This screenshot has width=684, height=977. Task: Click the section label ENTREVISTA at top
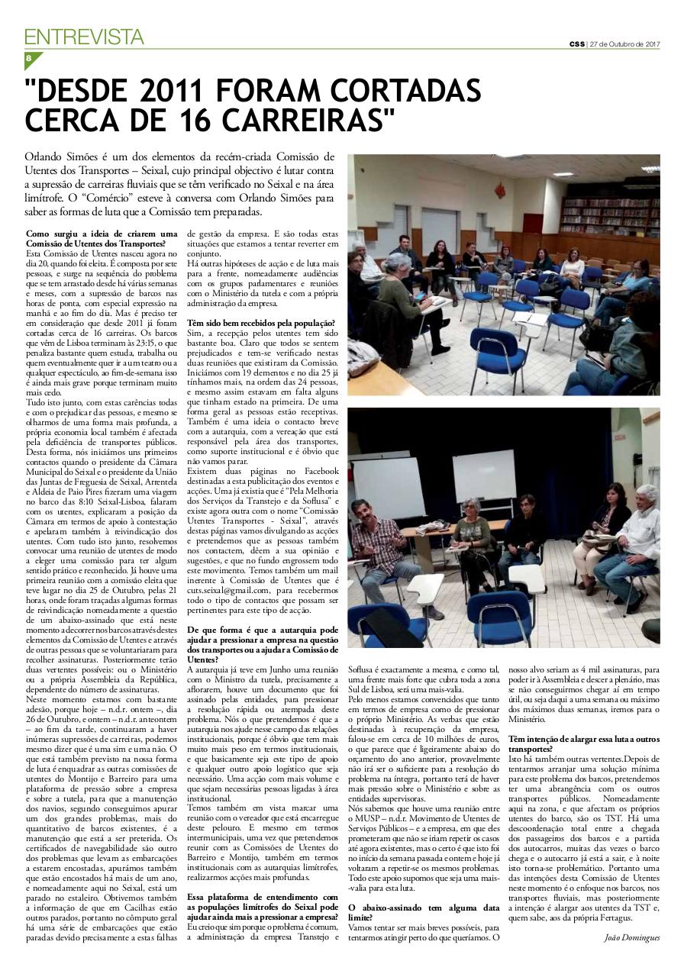(84, 36)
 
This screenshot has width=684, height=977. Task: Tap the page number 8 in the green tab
(28, 58)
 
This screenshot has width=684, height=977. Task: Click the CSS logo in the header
(576, 43)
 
